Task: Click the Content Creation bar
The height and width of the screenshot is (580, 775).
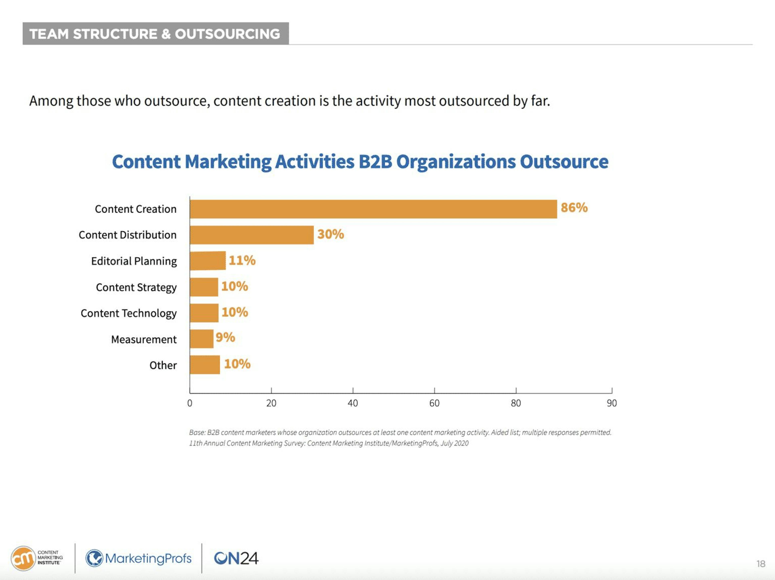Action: click(x=373, y=209)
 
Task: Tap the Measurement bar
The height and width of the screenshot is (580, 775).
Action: click(x=201, y=339)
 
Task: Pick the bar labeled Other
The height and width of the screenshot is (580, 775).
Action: click(x=205, y=365)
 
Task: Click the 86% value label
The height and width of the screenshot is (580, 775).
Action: click(x=574, y=208)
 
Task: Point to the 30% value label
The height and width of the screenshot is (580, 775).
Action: click(x=330, y=234)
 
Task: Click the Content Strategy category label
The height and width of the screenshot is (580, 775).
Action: click(x=136, y=287)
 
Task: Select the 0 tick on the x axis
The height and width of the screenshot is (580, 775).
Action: click(x=190, y=403)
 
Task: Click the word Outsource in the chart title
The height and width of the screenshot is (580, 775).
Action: click(x=564, y=162)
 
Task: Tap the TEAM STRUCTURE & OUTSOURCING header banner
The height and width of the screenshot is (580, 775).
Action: click(x=156, y=34)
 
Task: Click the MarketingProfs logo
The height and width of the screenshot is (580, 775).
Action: click(x=139, y=558)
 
